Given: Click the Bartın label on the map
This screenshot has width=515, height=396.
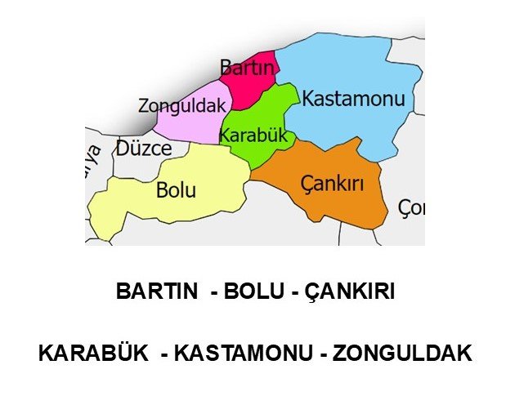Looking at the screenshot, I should (246, 69).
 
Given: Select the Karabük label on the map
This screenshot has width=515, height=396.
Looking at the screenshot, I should (254, 136).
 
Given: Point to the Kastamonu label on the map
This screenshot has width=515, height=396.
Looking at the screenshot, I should (353, 100).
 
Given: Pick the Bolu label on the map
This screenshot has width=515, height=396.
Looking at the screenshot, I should (176, 191).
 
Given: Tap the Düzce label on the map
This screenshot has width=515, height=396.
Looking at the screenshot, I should (144, 149).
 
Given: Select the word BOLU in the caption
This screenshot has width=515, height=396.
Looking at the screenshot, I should (249, 291).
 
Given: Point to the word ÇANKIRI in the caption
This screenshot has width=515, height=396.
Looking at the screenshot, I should (348, 291).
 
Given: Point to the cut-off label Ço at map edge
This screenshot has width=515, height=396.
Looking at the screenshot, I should (412, 208).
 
